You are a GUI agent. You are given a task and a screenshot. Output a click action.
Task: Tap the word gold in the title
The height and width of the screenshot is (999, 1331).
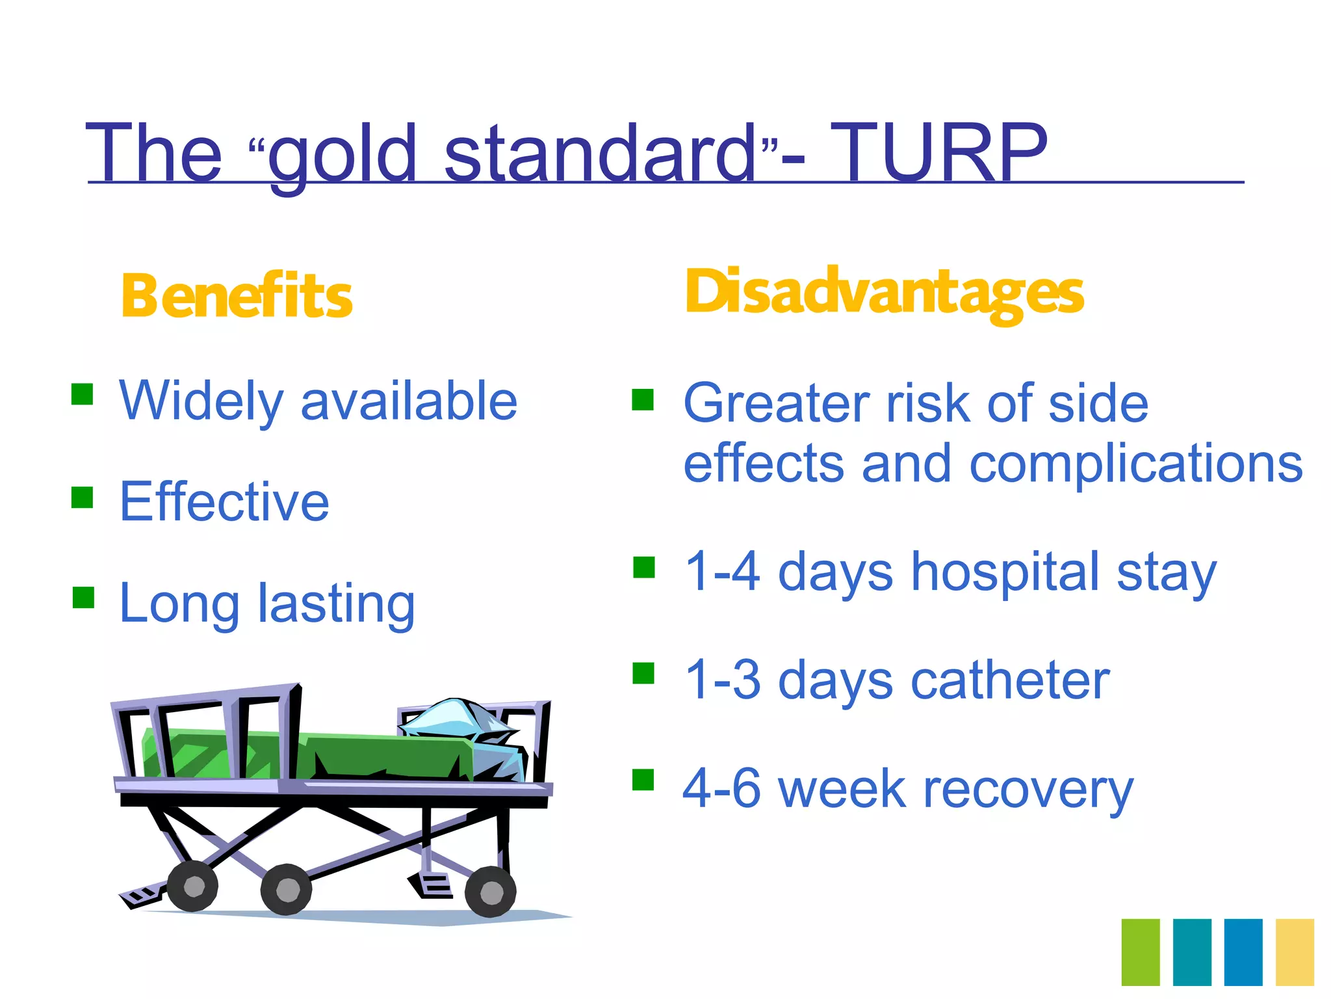tap(342, 155)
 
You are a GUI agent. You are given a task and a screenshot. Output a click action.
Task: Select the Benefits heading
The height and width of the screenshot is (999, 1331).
tap(237, 296)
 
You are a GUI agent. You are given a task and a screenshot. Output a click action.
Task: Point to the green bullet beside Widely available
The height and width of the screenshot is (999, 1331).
tap(83, 394)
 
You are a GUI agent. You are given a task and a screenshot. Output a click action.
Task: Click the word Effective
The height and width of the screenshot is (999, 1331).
tap(224, 501)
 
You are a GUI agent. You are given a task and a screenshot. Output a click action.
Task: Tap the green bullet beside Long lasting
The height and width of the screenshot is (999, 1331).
tap(84, 597)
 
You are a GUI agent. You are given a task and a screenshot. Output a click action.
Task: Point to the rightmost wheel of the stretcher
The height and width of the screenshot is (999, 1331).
tap(491, 892)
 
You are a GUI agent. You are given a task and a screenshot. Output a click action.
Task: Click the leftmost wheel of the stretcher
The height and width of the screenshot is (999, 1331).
tap(193, 886)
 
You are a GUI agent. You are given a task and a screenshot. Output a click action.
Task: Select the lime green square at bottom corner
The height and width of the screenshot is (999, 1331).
tap(1141, 952)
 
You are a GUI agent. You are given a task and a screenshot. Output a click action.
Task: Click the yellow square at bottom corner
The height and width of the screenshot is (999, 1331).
tap(1295, 952)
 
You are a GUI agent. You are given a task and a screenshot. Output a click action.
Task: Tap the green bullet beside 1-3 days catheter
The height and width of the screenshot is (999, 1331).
tap(643, 674)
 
